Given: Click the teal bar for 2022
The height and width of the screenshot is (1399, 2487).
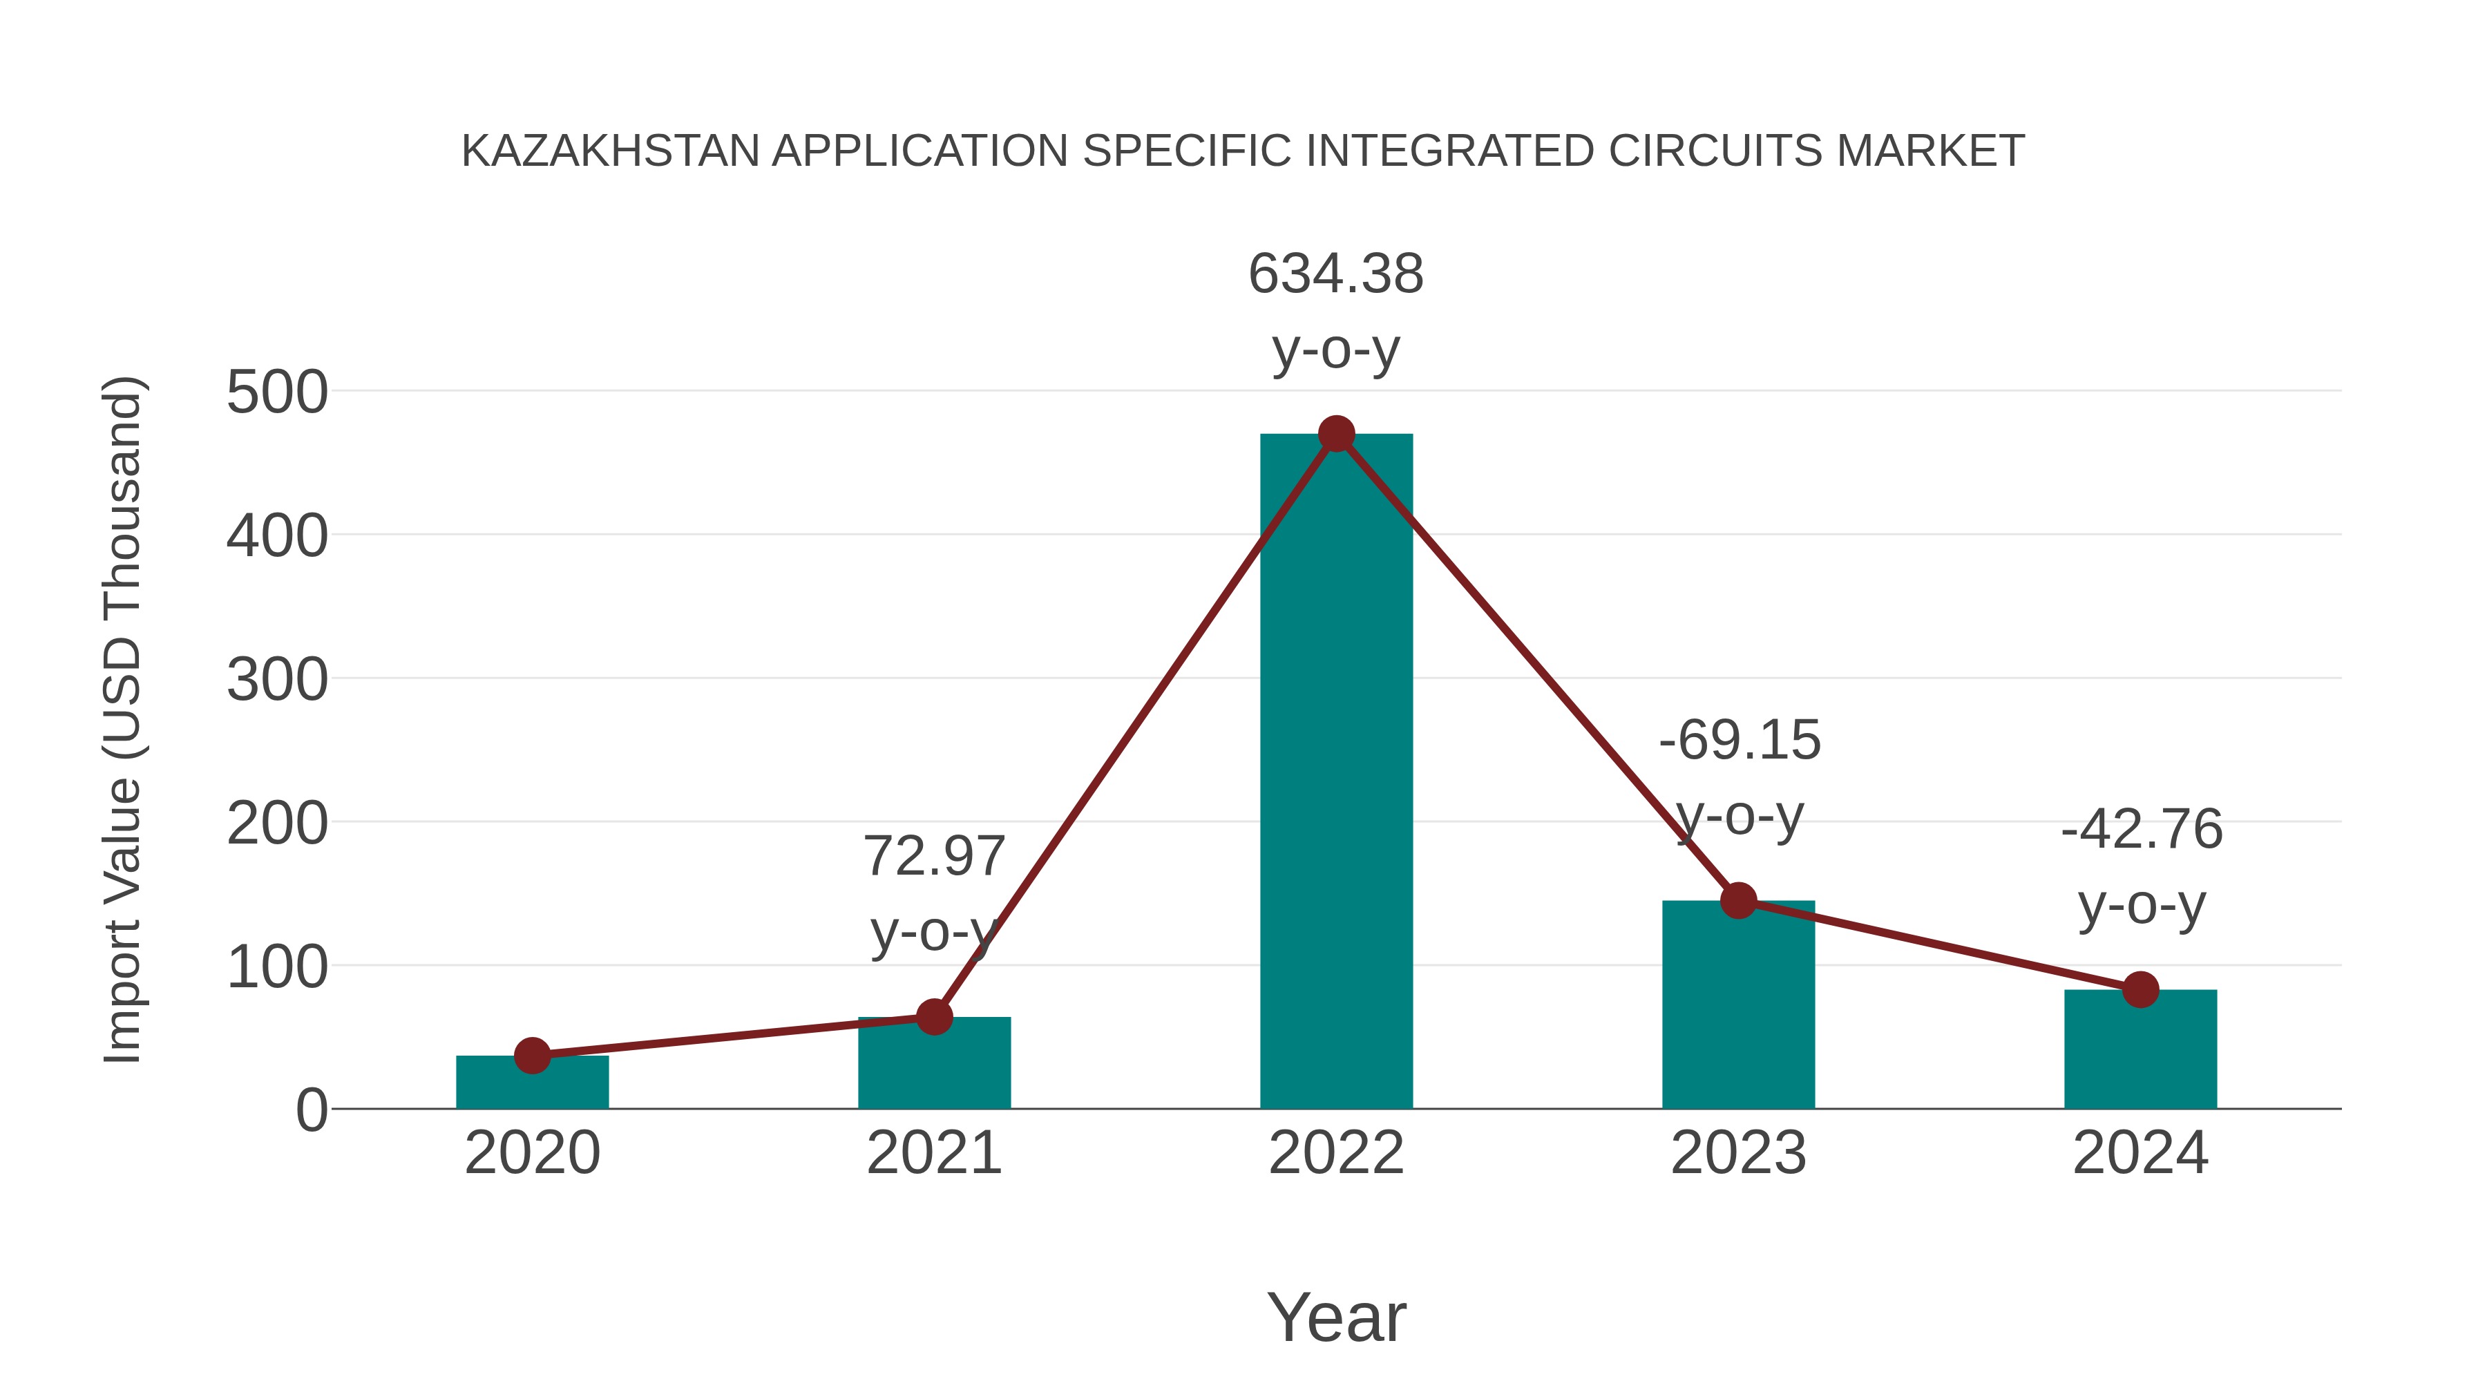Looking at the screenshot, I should tap(1336, 772).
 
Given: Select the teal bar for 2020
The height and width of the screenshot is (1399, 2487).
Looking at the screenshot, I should tap(532, 1083).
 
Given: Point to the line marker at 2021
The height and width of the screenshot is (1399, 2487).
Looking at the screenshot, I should tap(933, 1017).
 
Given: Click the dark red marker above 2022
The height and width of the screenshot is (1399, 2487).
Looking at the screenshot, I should tap(1336, 435).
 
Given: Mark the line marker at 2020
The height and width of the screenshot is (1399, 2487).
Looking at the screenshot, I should tap(532, 1056).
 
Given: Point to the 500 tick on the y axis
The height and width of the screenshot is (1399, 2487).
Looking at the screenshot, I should tap(277, 393).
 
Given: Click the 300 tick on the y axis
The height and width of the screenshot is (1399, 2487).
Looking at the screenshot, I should tap(277, 680).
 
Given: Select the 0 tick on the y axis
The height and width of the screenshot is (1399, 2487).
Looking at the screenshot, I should tap(311, 1110).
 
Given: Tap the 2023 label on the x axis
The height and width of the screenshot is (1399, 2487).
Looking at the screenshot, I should tap(1738, 1153).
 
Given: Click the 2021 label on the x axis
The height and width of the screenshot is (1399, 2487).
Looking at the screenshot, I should tap(933, 1153).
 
